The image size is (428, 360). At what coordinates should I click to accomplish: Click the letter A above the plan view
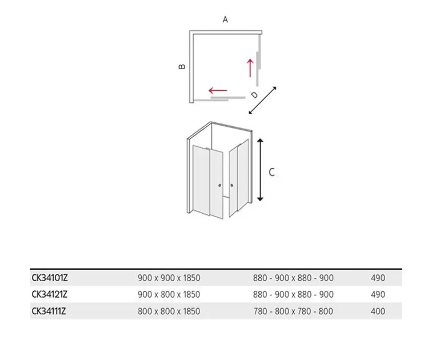pos(225,19)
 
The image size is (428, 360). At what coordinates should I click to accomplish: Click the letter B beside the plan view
pos(182,66)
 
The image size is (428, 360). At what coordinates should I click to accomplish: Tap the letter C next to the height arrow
pos(271,172)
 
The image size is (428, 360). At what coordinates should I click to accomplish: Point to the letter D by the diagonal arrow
pos(254,95)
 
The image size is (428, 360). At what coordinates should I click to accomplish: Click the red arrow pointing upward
pos(250,68)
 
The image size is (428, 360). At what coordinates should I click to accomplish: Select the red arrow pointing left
pos(218,90)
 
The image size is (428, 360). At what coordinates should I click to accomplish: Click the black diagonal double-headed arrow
pos(263,100)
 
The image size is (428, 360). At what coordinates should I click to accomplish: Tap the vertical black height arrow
pos(260,170)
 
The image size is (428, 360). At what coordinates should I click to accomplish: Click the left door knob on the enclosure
pos(220,186)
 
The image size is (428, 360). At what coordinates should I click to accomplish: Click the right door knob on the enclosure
pos(232,186)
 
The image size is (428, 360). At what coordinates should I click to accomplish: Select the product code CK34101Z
pos(50,278)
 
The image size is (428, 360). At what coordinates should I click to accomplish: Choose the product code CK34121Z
pos(49,294)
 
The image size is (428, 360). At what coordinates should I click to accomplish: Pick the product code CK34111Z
pos(49,311)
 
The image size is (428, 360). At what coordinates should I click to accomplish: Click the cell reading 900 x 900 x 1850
pos(169,278)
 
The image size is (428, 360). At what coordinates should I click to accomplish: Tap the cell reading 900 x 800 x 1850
pos(169,294)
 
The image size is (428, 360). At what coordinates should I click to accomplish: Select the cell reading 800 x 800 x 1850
pos(169,311)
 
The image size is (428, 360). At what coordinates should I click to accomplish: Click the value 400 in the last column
pos(378,311)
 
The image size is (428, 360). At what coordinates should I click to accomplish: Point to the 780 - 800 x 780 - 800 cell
pos(293,311)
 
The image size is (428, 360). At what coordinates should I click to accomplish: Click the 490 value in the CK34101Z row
pos(378,278)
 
